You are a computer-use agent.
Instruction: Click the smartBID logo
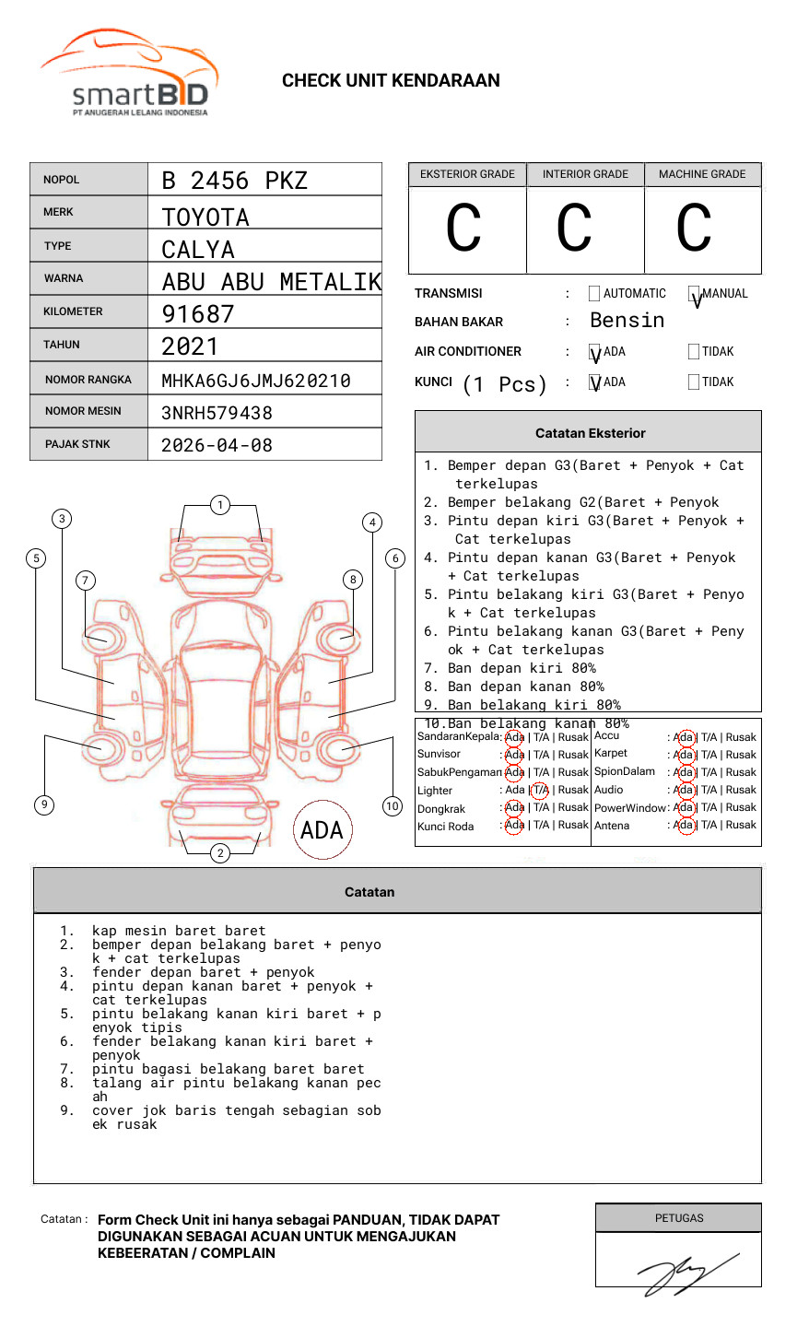tap(129, 76)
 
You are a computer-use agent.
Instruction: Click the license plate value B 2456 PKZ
tap(234, 181)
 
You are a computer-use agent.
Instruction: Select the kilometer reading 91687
tap(198, 314)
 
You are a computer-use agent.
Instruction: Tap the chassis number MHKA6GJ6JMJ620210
tap(255, 381)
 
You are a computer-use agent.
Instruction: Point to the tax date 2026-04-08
tap(217, 445)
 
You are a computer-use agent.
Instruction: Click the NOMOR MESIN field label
tap(83, 411)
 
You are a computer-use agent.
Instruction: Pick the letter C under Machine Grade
tap(694, 229)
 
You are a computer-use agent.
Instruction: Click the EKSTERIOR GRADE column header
tap(467, 174)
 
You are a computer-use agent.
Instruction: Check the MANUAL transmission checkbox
tap(694, 295)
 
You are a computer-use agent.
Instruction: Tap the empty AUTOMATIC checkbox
tap(594, 294)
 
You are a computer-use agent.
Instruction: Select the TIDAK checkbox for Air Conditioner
tap(694, 351)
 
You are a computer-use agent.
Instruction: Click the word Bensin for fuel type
tap(627, 321)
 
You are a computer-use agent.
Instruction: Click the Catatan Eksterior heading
tap(590, 433)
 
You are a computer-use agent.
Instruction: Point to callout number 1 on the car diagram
tap(219, 505)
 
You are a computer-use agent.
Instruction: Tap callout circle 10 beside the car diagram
tap(393, 806)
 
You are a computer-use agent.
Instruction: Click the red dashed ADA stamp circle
tap(322, 829)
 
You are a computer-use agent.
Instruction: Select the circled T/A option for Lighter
tap(540, 790)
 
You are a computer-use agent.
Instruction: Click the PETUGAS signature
tap(686, 1273)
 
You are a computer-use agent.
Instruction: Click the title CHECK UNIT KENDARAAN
tap(391, 81)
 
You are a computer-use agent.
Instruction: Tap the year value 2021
tap(190, 346)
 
